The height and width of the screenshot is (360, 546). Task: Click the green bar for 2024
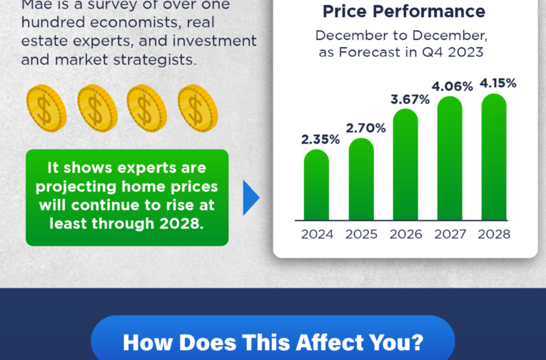point(316,185)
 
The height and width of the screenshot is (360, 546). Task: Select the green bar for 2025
point(361,179)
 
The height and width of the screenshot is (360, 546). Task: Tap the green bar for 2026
point(405,164)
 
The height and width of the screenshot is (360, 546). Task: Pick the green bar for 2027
point(450,159)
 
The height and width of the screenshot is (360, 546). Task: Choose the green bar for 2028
point(494,157)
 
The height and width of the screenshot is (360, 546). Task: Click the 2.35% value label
point(320,139)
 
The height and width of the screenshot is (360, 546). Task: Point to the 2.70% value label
point(365,129)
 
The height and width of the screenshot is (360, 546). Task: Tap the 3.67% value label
point(410,100)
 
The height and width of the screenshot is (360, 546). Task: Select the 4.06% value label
point(453,86)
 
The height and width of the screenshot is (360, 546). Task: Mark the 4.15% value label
point(498,84)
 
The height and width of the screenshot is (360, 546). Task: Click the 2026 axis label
point(405,234)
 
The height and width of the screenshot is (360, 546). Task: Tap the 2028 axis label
point(494,234)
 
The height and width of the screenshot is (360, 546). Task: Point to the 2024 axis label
point(317,234)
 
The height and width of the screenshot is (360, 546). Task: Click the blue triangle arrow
point(250,198)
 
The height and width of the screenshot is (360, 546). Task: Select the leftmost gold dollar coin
point(46,109)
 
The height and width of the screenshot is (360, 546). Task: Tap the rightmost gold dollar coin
point(198,109)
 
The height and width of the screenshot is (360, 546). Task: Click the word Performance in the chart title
point(429,11)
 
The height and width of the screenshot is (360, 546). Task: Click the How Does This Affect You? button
point(273,338)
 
